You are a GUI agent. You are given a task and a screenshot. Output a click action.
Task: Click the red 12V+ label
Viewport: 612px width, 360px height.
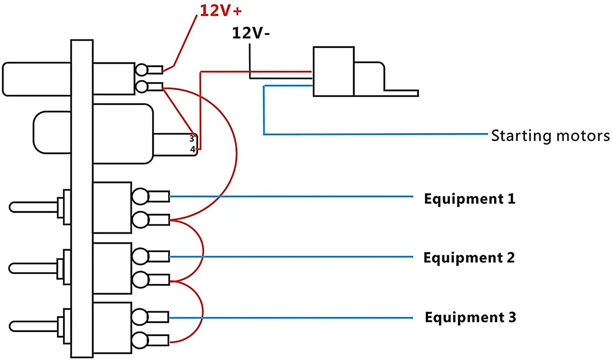tap(220, 11)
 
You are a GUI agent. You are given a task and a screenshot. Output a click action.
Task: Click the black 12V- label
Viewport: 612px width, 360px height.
tap(251, 33)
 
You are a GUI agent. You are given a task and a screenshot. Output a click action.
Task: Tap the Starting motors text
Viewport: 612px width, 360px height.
tap(550, 136)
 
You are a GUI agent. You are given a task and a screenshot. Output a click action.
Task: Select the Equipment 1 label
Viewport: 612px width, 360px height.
tap(470, 199)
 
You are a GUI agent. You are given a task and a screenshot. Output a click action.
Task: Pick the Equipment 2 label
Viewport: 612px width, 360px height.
tap(469, 258)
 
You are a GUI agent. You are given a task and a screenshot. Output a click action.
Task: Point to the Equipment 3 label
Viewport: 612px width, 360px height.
tap(470, 317)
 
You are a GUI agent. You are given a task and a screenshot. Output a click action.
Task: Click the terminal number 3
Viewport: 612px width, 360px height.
tap(192, 139)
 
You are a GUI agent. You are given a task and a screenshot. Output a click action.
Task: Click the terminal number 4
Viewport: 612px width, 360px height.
tap(193, 149)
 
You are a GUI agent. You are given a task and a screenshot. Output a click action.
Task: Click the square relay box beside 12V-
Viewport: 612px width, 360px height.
tap(333, 71)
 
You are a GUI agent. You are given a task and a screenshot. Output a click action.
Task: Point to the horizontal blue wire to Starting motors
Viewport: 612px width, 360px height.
tap(375, 134)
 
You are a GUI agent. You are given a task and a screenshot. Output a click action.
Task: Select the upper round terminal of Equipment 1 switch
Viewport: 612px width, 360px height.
tap(140, 196)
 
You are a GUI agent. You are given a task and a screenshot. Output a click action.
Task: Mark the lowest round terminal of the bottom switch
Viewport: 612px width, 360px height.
tap(140, 340)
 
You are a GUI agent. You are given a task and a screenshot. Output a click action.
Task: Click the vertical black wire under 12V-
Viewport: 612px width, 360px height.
tap(250, 59)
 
